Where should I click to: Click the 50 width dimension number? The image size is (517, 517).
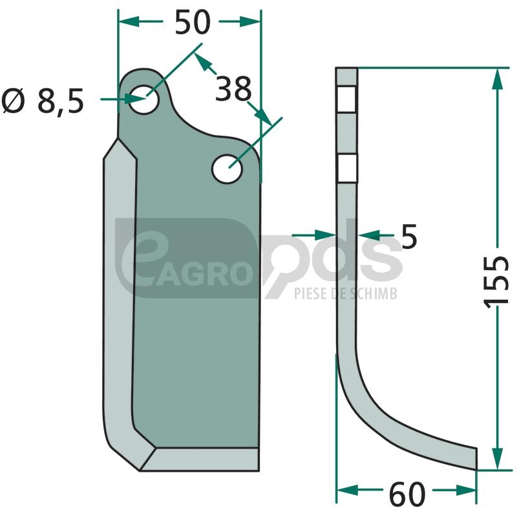click(x=192, y=22)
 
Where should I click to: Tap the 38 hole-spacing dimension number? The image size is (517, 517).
click(x=233, y=89)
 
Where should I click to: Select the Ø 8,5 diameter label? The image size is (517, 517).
click(x=43, y=101)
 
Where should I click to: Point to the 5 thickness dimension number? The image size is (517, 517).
click(x=409, y=237)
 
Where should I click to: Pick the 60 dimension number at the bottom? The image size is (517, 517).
click(x=407, y=494)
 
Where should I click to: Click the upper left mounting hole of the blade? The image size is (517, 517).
click(x=143, y=100)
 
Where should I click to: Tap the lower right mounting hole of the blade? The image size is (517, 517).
click(x=227, y=169)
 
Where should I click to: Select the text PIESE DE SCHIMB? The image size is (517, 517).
click(x=346, y=293)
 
